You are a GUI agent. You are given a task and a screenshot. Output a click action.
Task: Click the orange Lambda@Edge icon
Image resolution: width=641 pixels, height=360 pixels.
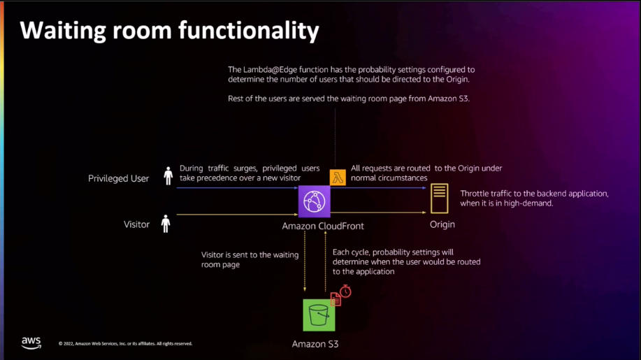[x=338, y=178]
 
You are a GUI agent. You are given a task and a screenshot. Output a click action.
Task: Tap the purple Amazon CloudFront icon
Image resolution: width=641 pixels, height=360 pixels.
[x=314, y=202]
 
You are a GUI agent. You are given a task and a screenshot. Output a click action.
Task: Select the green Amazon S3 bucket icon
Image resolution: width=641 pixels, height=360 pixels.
[x=319, y=315]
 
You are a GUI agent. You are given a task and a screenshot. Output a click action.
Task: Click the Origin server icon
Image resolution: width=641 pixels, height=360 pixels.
[x=440, y=199]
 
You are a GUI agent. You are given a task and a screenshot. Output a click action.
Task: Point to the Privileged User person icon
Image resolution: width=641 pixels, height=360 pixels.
[x=168, y=176]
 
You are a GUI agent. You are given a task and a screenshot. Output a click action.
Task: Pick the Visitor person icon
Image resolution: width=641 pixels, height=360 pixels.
[x=166, y=224]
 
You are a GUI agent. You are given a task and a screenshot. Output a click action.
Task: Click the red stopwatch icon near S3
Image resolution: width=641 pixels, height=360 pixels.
[x=345, y=291]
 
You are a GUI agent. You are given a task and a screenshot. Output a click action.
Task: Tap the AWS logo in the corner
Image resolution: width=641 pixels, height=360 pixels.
[x=31, y=342]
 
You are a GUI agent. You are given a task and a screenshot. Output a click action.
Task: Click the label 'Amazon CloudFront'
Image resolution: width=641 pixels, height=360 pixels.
[x=323, y=226]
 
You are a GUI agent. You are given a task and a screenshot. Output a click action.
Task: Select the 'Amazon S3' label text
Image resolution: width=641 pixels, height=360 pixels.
[x=315, y=344]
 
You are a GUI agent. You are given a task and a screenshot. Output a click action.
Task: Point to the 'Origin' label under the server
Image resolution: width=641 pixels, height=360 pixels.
[x=442, y=224]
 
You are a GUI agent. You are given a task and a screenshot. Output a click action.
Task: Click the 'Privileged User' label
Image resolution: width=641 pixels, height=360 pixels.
[x=118, y=178]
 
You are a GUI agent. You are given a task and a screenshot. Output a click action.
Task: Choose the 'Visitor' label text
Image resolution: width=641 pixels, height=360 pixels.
[x=137, y=224]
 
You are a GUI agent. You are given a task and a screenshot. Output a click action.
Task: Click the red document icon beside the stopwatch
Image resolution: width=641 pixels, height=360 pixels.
[x=336, y=299]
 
